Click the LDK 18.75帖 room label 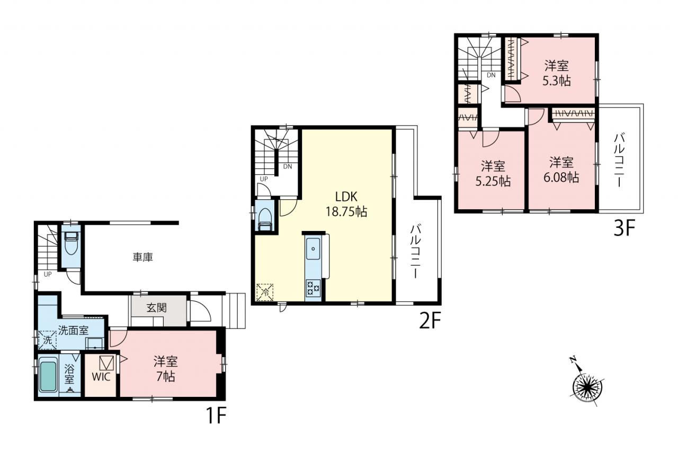point(346,205)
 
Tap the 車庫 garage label point(142,258)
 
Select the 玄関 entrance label point(156,308)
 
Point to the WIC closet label point(101,377)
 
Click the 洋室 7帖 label point(166,369)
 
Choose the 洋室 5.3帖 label point(557,73)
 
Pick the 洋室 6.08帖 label point(561,170)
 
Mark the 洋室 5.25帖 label point(493,173)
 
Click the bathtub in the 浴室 point(48,377)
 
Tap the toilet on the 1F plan point(72,243)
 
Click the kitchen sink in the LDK point(313,249)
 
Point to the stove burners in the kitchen point(313,288)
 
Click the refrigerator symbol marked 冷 point(265,292)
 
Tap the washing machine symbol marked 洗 point(47,340)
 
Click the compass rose point(587,387)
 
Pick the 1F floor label point(216,416)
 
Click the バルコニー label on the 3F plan point(620,160)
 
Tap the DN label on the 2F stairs point(288,166)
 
